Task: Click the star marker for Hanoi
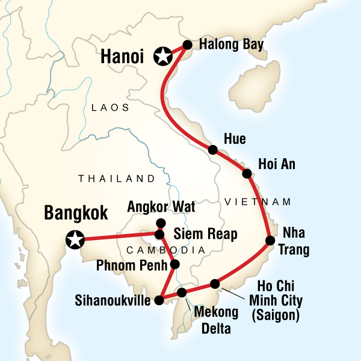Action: click(162, 57)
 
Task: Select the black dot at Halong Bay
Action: click(187, 45)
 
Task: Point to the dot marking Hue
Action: click(212, 150)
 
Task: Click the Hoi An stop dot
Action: click(247, 174)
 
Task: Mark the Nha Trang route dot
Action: click(270, 241)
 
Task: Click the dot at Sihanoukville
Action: click(159, 300)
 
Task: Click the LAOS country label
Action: click(110, 108)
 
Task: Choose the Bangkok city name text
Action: click(76, 213)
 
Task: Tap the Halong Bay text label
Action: click(225, 45)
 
